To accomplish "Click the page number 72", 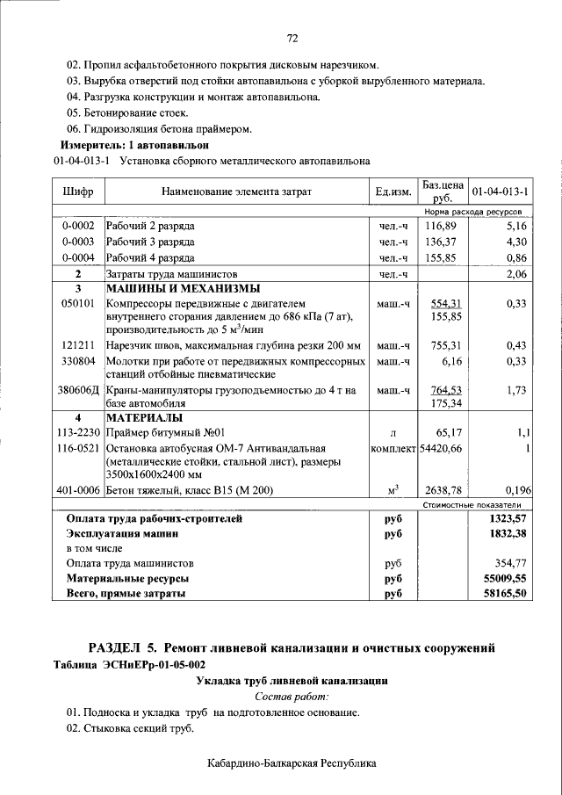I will coord(292,38).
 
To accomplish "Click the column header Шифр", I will coord(78,191).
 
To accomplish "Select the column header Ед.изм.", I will coord(393,191).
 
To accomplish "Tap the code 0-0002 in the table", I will coord(78,226).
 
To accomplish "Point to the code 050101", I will coord(77,302).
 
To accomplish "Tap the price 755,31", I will coord(443,345).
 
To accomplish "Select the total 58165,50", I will coord(507,594).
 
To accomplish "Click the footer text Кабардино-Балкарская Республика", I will coord(292,763).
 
